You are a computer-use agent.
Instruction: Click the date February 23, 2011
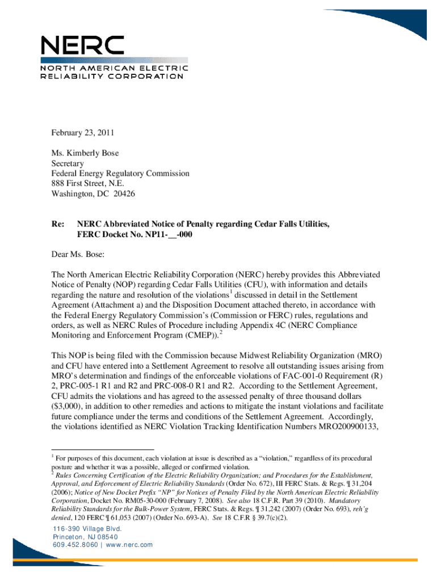[83, 133]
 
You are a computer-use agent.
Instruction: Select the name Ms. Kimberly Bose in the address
[85, 153]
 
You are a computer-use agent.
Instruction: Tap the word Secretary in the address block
[68, 163]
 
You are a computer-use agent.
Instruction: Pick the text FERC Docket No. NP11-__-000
[138, 235]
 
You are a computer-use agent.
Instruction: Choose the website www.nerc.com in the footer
[130, 545]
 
